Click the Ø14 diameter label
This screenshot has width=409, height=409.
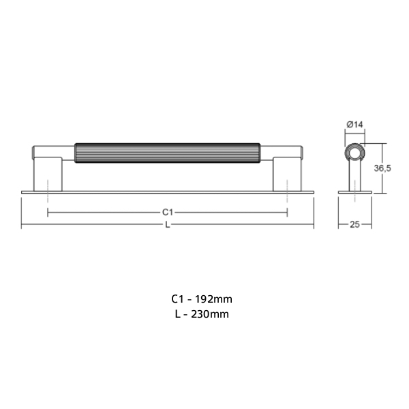click(x=354, y=125)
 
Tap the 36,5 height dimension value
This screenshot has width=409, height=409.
click(x=382, y=168)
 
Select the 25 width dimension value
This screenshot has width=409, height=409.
click(x=354, y=224)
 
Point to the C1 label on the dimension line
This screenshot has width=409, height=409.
click(x=168, y=212)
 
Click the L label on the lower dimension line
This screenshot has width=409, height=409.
click(x=168, y=224)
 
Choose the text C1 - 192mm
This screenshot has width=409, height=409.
click(x=202, y=299)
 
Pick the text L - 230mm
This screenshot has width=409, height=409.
click(x=202, y=314)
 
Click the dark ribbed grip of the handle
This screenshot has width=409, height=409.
click(x=168, y=153)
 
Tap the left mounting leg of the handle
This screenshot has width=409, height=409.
click(x=48, y=174)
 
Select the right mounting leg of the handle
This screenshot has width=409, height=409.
click(x=287, y=174)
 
